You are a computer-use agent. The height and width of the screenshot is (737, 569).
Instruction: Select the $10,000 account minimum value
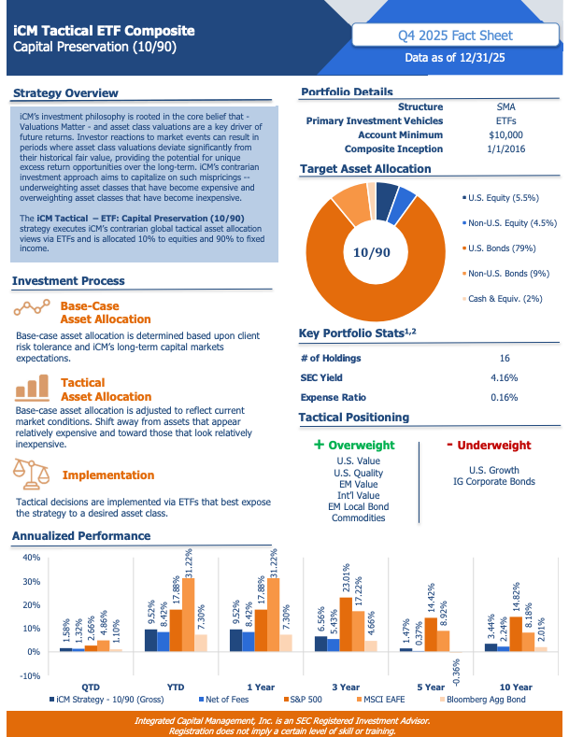505,135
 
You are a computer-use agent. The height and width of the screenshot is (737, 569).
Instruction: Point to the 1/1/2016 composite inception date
505,149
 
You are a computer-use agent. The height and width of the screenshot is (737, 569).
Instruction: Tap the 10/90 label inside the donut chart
373,252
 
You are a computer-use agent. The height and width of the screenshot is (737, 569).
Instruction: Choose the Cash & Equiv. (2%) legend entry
505,299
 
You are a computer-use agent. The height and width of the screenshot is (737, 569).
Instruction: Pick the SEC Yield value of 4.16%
504,377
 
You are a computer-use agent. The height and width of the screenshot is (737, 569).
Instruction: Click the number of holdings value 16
504,358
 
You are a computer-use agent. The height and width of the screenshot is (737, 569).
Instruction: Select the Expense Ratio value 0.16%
504,397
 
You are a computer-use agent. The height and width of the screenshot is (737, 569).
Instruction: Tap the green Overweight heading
355,446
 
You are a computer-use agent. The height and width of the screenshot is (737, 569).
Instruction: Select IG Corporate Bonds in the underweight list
502,482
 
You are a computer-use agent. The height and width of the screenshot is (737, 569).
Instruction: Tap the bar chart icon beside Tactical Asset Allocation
31,388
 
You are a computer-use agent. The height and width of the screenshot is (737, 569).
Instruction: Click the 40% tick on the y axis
30,558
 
